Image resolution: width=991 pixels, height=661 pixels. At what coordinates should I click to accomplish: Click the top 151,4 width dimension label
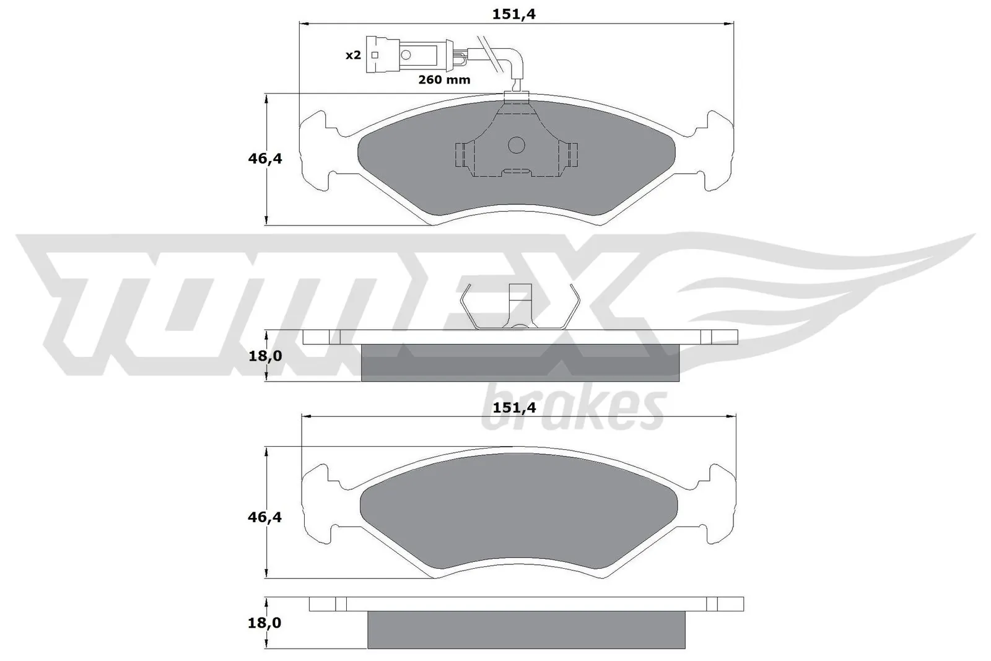[513, 14]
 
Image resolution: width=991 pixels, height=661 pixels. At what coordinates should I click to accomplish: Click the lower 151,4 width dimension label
[513, 407]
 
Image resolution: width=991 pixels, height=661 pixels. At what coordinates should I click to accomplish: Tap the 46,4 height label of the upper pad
[265, 159]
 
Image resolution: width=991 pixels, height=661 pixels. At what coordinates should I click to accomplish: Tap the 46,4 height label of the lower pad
[265, 517]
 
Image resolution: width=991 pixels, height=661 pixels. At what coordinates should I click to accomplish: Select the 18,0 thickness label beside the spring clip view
[265, 356]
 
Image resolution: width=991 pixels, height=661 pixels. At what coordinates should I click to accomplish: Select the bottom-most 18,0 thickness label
[265, 623]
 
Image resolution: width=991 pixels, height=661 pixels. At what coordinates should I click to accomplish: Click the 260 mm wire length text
[444, 80]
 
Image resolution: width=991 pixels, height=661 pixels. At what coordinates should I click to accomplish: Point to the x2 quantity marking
[352, 55]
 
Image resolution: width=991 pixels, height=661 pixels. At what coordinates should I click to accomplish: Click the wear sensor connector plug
[406, 55]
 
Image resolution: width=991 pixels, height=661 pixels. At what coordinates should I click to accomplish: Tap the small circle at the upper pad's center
[517, 146]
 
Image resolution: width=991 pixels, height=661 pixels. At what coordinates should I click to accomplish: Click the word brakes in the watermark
[573, 409]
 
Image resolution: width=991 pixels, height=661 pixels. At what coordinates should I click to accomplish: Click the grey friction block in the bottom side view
[526, 629]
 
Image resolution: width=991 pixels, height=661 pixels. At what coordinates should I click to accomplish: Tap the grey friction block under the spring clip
[520, 363]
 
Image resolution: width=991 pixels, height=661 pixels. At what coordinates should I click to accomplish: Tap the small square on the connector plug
[374, 55]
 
